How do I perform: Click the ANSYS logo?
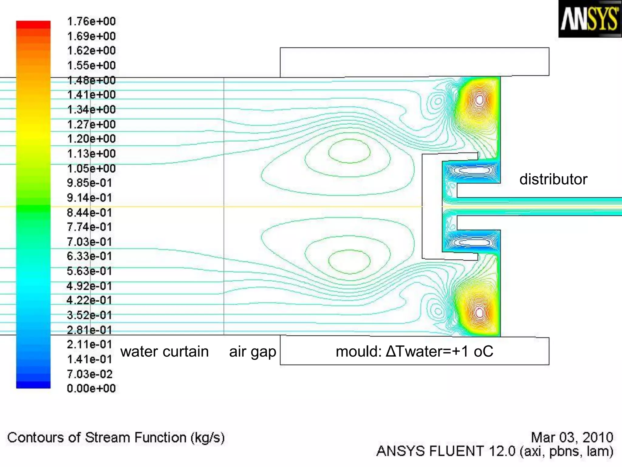[589, 19]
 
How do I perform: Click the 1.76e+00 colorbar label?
[91, 22]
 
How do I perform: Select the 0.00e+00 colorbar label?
[91, 388]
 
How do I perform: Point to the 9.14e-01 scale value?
[89, 198]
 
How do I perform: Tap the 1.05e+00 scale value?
[91, 168]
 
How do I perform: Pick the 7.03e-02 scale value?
[90, 374]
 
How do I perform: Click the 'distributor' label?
[553, 179]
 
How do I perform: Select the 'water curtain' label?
[164, 351]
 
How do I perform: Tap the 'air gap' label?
[252, 352]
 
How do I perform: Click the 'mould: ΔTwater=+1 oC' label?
[414, 351]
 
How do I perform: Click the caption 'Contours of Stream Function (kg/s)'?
[116, 438]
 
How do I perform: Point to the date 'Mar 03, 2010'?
[572, 437]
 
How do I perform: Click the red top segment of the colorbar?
[33, 25]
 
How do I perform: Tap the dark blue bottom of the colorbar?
[33, 385]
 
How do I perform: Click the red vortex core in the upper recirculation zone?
[480, 100]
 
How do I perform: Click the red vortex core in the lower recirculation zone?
[480, 313]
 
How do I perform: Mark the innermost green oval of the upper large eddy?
[349, 151]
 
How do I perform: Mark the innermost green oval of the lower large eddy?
[349, 261]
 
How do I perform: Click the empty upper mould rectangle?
[414, 62]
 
